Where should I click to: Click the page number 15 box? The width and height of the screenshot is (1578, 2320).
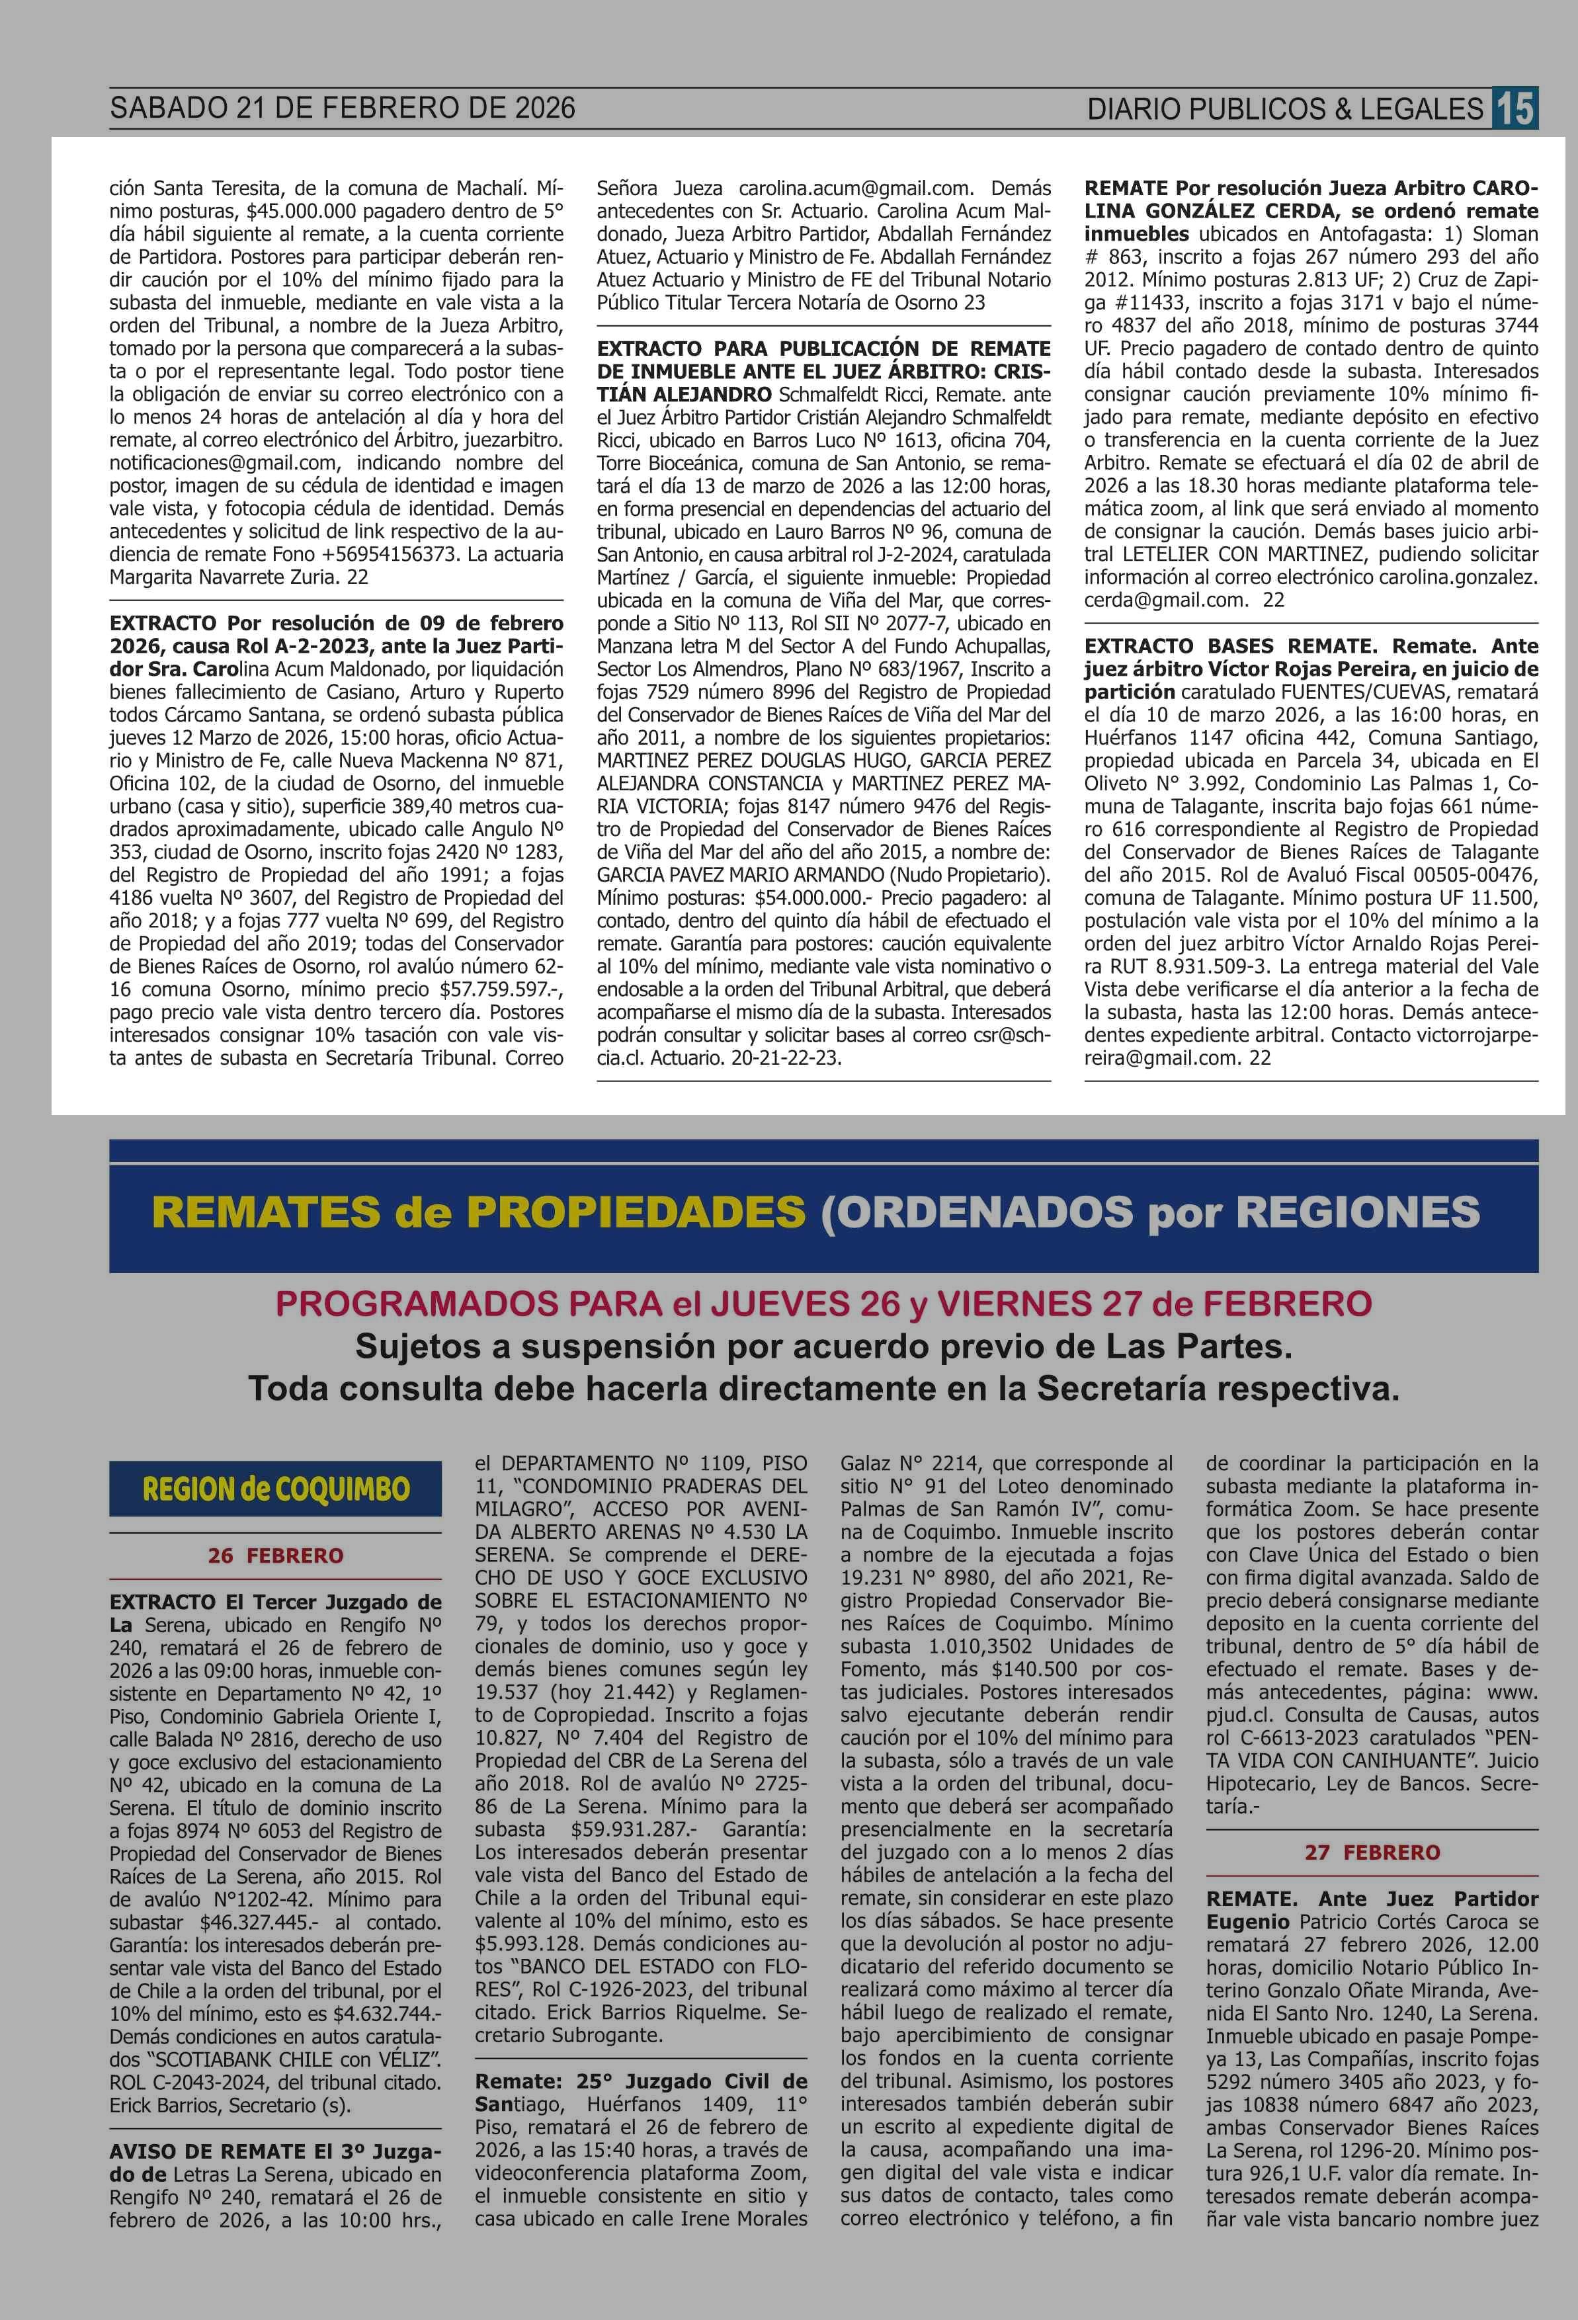[x=1514, y=108]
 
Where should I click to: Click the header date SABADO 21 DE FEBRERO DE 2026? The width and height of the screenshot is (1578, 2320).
[x=343, y=108]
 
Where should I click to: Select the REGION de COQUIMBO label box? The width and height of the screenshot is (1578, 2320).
[x=276, y=1489]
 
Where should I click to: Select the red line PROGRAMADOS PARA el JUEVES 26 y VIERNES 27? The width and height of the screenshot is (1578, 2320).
[x=823, y=1304]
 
